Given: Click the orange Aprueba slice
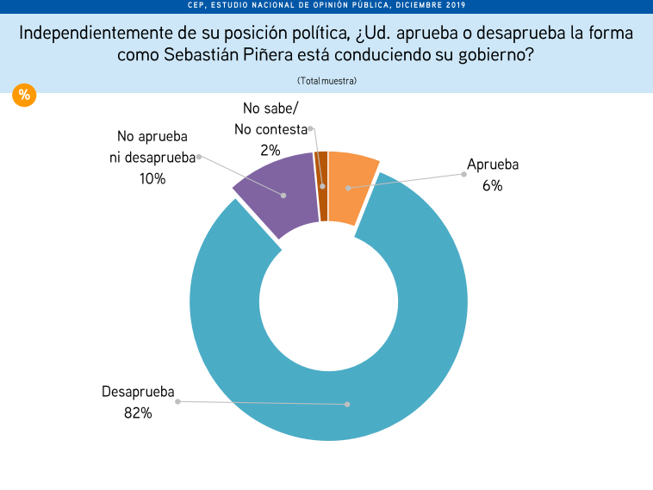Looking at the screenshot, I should point(351,185).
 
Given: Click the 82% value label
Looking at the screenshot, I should point(138,413).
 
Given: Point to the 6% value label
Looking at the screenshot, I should point(492,184).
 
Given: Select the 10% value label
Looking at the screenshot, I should point(152,178).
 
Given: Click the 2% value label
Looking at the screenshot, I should point(271,150).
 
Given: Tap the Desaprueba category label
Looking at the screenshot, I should point(138,393).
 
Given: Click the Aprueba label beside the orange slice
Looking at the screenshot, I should point(492,164).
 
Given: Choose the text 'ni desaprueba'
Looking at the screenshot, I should point(152,158).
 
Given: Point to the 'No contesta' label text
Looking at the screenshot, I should point(271,129).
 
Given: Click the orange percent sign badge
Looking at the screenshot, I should point(24,95).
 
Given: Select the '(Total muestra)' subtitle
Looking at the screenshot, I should point(326,80).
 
